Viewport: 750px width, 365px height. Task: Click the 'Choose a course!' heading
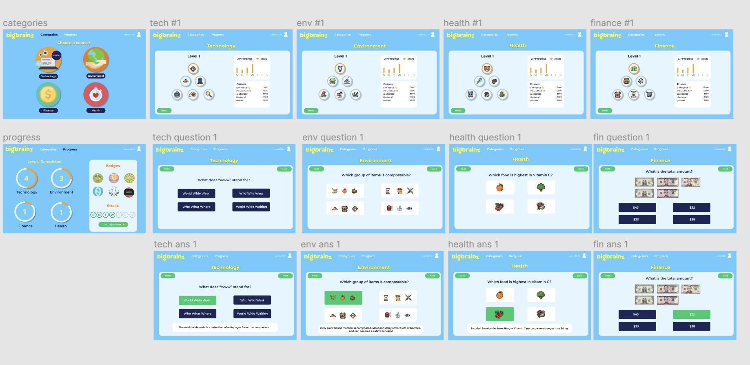(x=73, y=42)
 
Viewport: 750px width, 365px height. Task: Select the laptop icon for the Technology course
(x=48, y=60)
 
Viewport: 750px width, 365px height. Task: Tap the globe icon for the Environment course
(x=96, y=60)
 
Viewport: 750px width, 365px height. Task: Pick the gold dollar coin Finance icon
(x=48, y=95)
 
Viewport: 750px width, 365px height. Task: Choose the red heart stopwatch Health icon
(x=96, y=95)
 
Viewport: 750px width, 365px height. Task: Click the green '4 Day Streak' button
(x=113, y=225)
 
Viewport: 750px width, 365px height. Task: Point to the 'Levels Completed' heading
(x=44, y=162)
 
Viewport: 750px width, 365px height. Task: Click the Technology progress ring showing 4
(x=27, y=179)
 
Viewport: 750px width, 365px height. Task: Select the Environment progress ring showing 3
(x=61, y=179)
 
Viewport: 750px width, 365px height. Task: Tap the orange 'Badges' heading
(x=113, y=166)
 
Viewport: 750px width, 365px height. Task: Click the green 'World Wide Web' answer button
(x=197, y=300)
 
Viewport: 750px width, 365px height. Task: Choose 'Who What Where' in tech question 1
(x=196, y=207)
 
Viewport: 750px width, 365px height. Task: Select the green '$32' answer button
(x=692, y=314)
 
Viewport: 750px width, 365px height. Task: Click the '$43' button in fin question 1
(x=637, y=207)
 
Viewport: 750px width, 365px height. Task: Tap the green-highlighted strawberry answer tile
(x=499, y=314)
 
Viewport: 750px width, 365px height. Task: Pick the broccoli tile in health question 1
(x=541, y=187)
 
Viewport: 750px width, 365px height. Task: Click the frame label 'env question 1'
(x=333, y=138)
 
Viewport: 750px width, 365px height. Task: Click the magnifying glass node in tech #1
(x=209, y=95)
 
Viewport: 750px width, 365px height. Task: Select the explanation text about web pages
(x=224, y=327)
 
